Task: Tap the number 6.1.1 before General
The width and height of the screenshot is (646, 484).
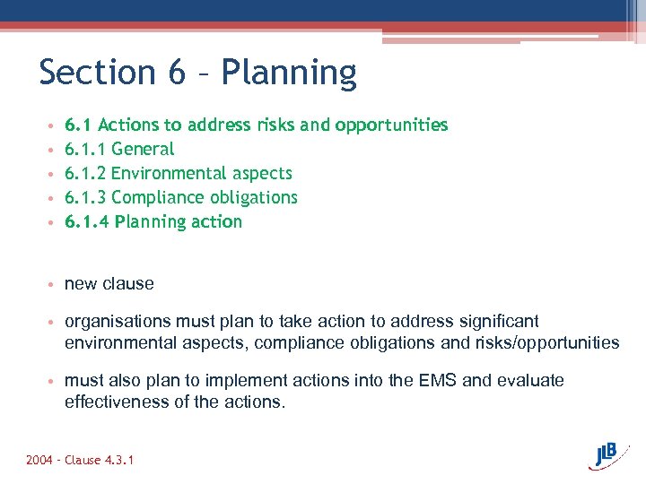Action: (x=85, y=149)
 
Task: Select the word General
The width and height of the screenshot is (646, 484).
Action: (x=143, y=149)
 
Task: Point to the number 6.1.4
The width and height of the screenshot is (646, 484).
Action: (x=85, y=221)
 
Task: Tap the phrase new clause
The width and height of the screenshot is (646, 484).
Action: (x=109, y=284)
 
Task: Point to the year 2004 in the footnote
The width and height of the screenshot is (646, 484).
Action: (x=40, y=460)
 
